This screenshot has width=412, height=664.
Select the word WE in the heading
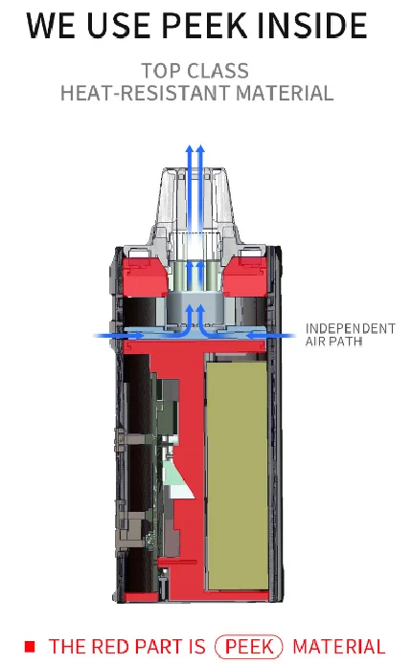pos(52,26)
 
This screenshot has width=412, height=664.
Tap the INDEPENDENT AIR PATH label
pos(350,335)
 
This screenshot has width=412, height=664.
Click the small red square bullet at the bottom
pos(30,647)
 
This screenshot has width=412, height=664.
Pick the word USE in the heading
pos(111,26)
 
